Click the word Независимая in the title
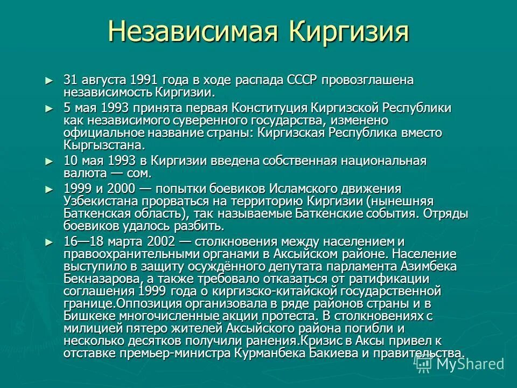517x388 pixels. coord(193,32)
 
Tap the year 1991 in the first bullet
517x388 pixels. coord(143,80)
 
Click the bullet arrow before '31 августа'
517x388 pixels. coord(50,80)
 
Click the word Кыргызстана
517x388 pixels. coord(104,145)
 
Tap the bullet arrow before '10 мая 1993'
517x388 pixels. coord(50,161)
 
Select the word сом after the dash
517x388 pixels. coord(138,174)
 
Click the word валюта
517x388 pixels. coord(83,174)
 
